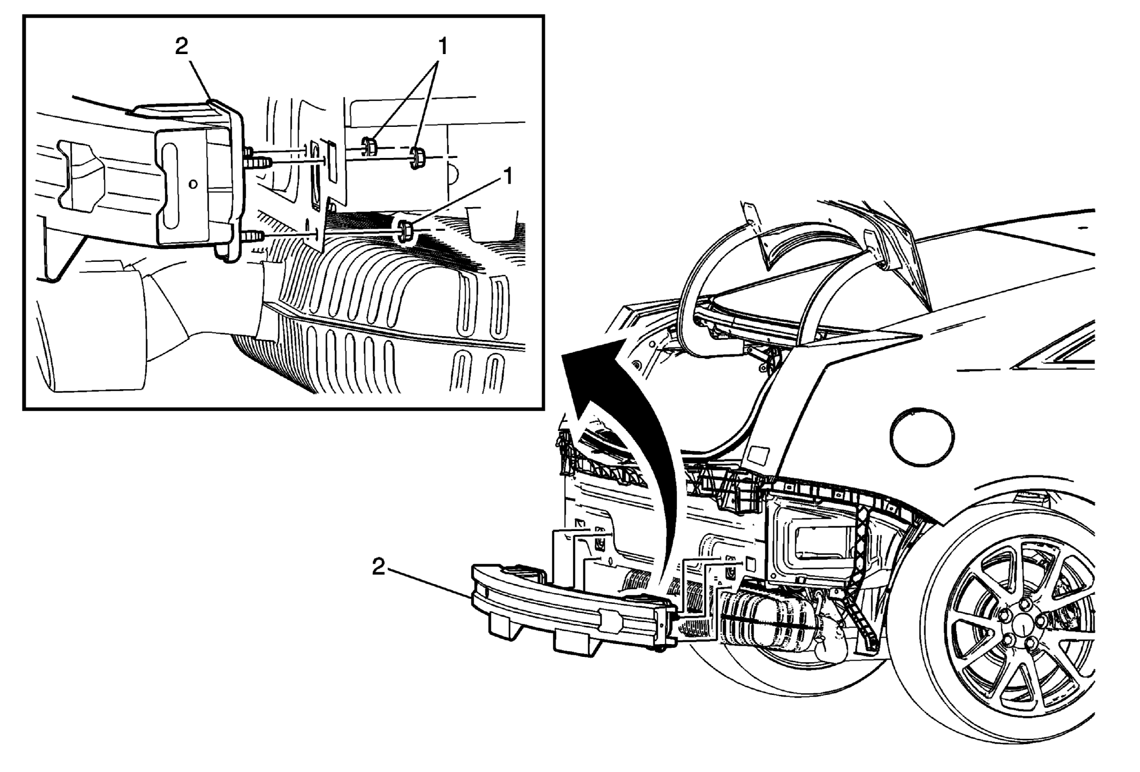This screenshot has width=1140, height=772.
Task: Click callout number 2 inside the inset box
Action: (x=182, y=47)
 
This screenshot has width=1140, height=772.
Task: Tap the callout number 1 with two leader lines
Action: (x=443, y=47)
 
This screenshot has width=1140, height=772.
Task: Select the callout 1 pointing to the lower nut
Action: (x=507, y=176)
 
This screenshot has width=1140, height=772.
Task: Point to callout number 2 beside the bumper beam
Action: (x=378, y=567)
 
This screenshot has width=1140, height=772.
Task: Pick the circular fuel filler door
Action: (x=922, y=437)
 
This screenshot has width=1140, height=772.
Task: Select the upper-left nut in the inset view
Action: (x=369, y=146)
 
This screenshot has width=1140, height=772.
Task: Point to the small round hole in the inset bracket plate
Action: (x=193, y=184)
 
